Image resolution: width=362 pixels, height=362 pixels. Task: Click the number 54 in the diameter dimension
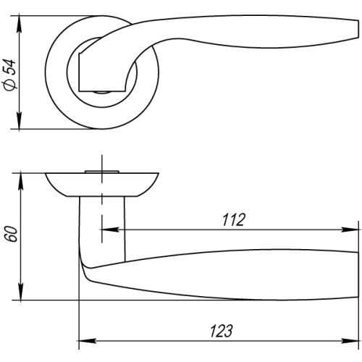(x=9, y=67)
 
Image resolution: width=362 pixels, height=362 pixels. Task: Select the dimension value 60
(x=9, y=235)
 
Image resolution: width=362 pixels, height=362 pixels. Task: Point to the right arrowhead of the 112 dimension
(x=354, y=232)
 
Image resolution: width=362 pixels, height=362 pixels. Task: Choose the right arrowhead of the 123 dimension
(x=354, y=341)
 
